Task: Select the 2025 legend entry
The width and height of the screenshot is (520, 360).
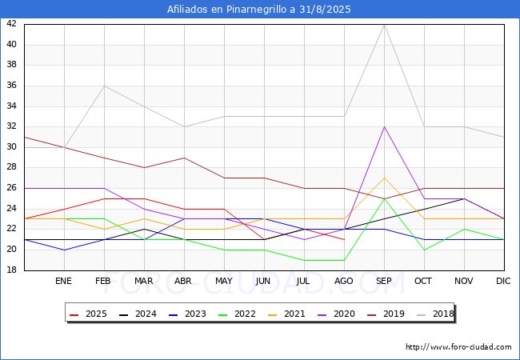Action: pyautogui.click(x=88, y=314)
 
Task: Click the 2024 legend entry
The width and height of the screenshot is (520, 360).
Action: pyautogui.click(x=138, y=314)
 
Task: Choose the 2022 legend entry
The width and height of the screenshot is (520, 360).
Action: pyautogui.click(x=237, y=314)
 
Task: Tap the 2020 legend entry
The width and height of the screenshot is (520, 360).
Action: pyautogui.click(x=336, y=314)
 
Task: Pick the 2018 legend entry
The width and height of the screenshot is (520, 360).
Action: pyautogui.click(x=435, y=314)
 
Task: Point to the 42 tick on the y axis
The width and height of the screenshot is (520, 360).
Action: pyautogui.click(x=11, y=23)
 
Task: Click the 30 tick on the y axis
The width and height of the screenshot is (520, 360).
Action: pyautogui.click(x=11, y=147)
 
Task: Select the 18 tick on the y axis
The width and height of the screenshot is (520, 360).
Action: pyautogui.click(x=11, y=270)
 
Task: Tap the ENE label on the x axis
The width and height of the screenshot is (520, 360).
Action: pyautogui.click(x=63, y=281)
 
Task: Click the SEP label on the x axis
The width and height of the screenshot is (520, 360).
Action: pyautogui.click(x=384, y=281)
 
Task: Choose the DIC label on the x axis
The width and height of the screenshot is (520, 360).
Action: pyautogui.click(x=503, y=281)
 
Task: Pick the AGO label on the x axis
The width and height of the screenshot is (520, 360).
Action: pyautogui.click(x=343, y=281)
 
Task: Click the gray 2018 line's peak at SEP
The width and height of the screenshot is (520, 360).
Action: pyautogui.click(x=384, y=25)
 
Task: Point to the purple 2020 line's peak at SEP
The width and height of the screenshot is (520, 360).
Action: pyautogui.click(x=384, y=127)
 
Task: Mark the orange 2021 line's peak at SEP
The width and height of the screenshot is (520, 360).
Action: pyautogui.click(x=384, y=178)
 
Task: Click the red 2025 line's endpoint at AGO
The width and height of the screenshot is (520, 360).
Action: pyautogui.click(x=344, y=239)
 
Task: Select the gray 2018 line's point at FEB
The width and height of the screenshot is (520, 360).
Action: pyautogui.click(x=105, y=86)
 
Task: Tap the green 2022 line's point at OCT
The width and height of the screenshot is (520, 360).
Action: pyautogui.click(x=425, y=250)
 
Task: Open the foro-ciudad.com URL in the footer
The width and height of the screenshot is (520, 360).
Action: pyautogui.click(x=458, y=347)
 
